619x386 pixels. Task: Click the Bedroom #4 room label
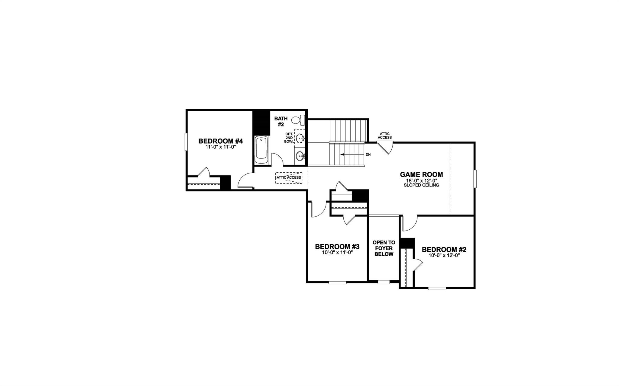click(220, 141)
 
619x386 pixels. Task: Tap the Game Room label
click(421, 174)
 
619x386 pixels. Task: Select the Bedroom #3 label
click(337, 247)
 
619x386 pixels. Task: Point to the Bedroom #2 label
click(444, 250)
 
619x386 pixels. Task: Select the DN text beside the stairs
click(368, 155)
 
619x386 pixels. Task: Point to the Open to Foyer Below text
click(384, 248)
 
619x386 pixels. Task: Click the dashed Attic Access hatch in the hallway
click(289, 177)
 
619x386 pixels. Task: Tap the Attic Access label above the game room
click(385, 136)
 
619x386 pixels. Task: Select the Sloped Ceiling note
click(421, 185)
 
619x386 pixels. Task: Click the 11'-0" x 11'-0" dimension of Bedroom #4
click(220, 147)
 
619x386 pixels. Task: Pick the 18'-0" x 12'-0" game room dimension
click(421, 180)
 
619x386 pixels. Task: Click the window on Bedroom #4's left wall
click(186, 142)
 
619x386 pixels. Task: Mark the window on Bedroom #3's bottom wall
click(337, 282)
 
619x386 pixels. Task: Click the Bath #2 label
click(281, 121)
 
